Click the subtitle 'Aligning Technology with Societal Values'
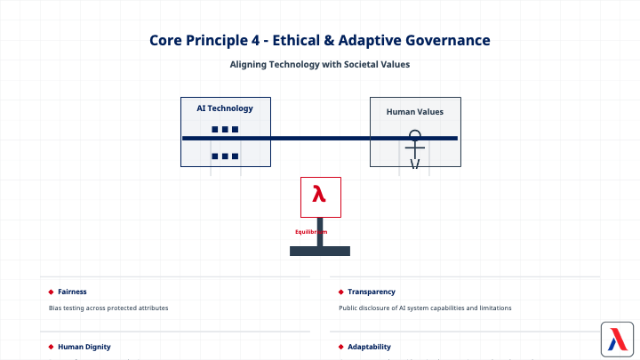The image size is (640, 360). [319, 64]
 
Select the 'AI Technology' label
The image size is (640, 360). [225, 108]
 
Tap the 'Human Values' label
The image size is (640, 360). [415, 112]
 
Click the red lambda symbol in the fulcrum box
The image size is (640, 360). [319, 194]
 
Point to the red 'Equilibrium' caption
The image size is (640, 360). [311, 232]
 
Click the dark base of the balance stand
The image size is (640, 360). [320, 251]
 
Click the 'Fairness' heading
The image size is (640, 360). [72, 292]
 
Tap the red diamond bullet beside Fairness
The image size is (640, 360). [51, 292]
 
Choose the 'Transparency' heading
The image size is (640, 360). [372, 292]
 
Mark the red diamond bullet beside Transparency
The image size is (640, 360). [340, 292]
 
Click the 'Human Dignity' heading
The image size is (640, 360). [84, 347]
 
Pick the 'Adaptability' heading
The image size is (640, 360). [369, 347]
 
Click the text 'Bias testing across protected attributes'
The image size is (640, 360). [108, 308]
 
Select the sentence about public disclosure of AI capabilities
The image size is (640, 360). [426, 308]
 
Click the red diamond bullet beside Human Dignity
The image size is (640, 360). [51, 347]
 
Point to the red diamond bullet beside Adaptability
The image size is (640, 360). [340, 347]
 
